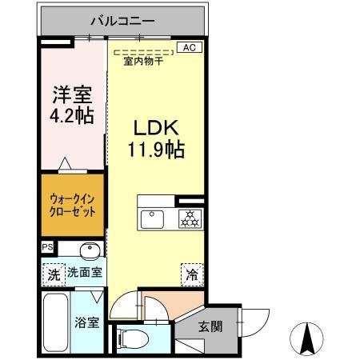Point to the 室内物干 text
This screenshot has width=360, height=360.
[x=143, y=61]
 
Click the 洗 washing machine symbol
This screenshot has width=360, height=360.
[x=53, y=272]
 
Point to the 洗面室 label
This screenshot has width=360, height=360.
[x=85, y=272]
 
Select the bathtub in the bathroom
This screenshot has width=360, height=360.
[x=56, y=322]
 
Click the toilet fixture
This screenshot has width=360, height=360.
[x=132, y=338]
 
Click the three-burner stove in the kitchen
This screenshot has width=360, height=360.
[x=189, y=217]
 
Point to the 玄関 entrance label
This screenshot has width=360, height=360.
[x=210, y=326]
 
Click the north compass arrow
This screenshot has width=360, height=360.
[x=306, y=338]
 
